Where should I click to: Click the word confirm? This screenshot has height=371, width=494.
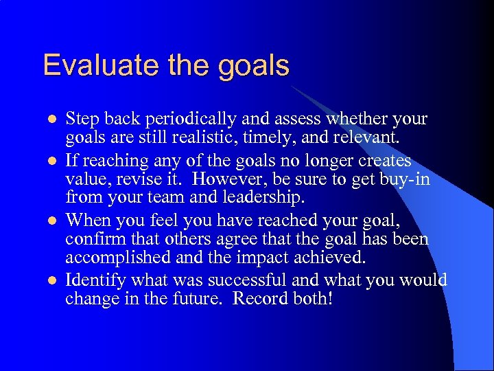[91, 239]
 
